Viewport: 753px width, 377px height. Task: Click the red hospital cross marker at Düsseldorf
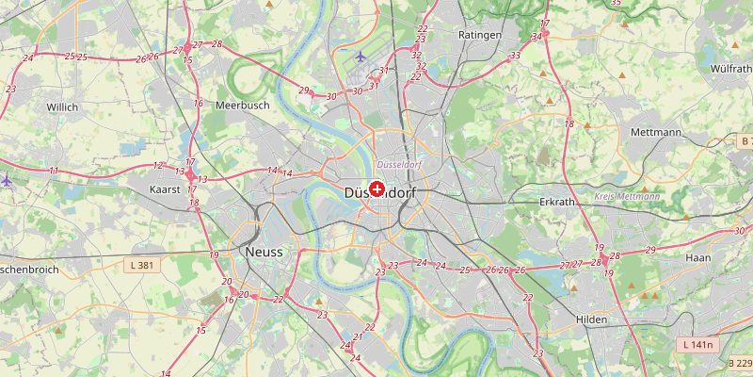click(377, 189)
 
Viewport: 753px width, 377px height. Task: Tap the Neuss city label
click(263, 252)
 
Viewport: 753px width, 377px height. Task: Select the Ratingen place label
click(475, 35)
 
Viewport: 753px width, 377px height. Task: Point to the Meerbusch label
click(243, 106)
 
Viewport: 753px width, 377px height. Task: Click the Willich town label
click(62, 107)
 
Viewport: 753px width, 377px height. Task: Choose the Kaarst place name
click(165, 189)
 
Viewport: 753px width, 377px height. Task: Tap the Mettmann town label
click(656, 132)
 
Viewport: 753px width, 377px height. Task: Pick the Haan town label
click(698, 257)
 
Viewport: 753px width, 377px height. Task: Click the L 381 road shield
click(140, 267)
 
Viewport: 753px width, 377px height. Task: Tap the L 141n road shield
click(697, 346)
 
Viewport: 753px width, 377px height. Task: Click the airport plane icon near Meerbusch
click(360, 57)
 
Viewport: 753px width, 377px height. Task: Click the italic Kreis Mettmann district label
click(627, 196)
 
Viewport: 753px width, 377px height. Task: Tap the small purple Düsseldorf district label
click(398, 165)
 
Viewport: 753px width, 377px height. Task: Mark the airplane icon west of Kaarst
click(7, 180)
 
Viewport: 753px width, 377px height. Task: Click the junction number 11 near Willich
click(54, 171)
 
